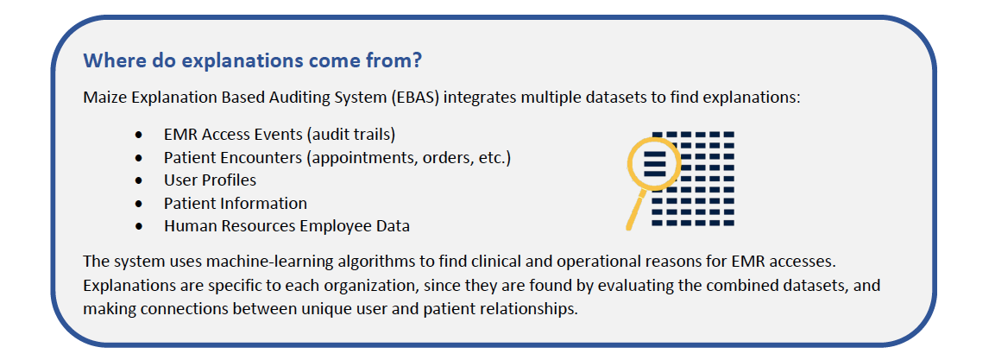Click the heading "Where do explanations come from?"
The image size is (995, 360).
253,61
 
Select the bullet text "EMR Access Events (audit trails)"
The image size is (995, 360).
280,136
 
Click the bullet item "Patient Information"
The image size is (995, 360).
236,203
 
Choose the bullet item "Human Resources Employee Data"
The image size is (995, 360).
287,226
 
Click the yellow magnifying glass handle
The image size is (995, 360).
636,209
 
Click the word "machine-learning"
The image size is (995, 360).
236,262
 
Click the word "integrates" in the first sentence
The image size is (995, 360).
470,99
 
